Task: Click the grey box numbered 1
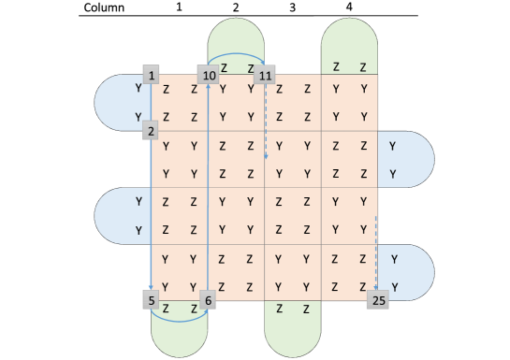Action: (x=153, y=74)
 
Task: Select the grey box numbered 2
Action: (x=151, y=130)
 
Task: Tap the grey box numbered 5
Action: (x=151, y=300)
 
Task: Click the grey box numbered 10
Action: (x=209, y=74)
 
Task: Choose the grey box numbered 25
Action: (x=378, y=300)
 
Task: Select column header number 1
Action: (x=179, y=7)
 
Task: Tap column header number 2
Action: (x=236, y=7)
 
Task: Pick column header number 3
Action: (x=292, y=7)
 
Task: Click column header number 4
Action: (x=349, y=7)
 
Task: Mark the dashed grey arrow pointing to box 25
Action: (x=376, y=252)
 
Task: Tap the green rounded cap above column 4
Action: (x=349, y=42)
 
